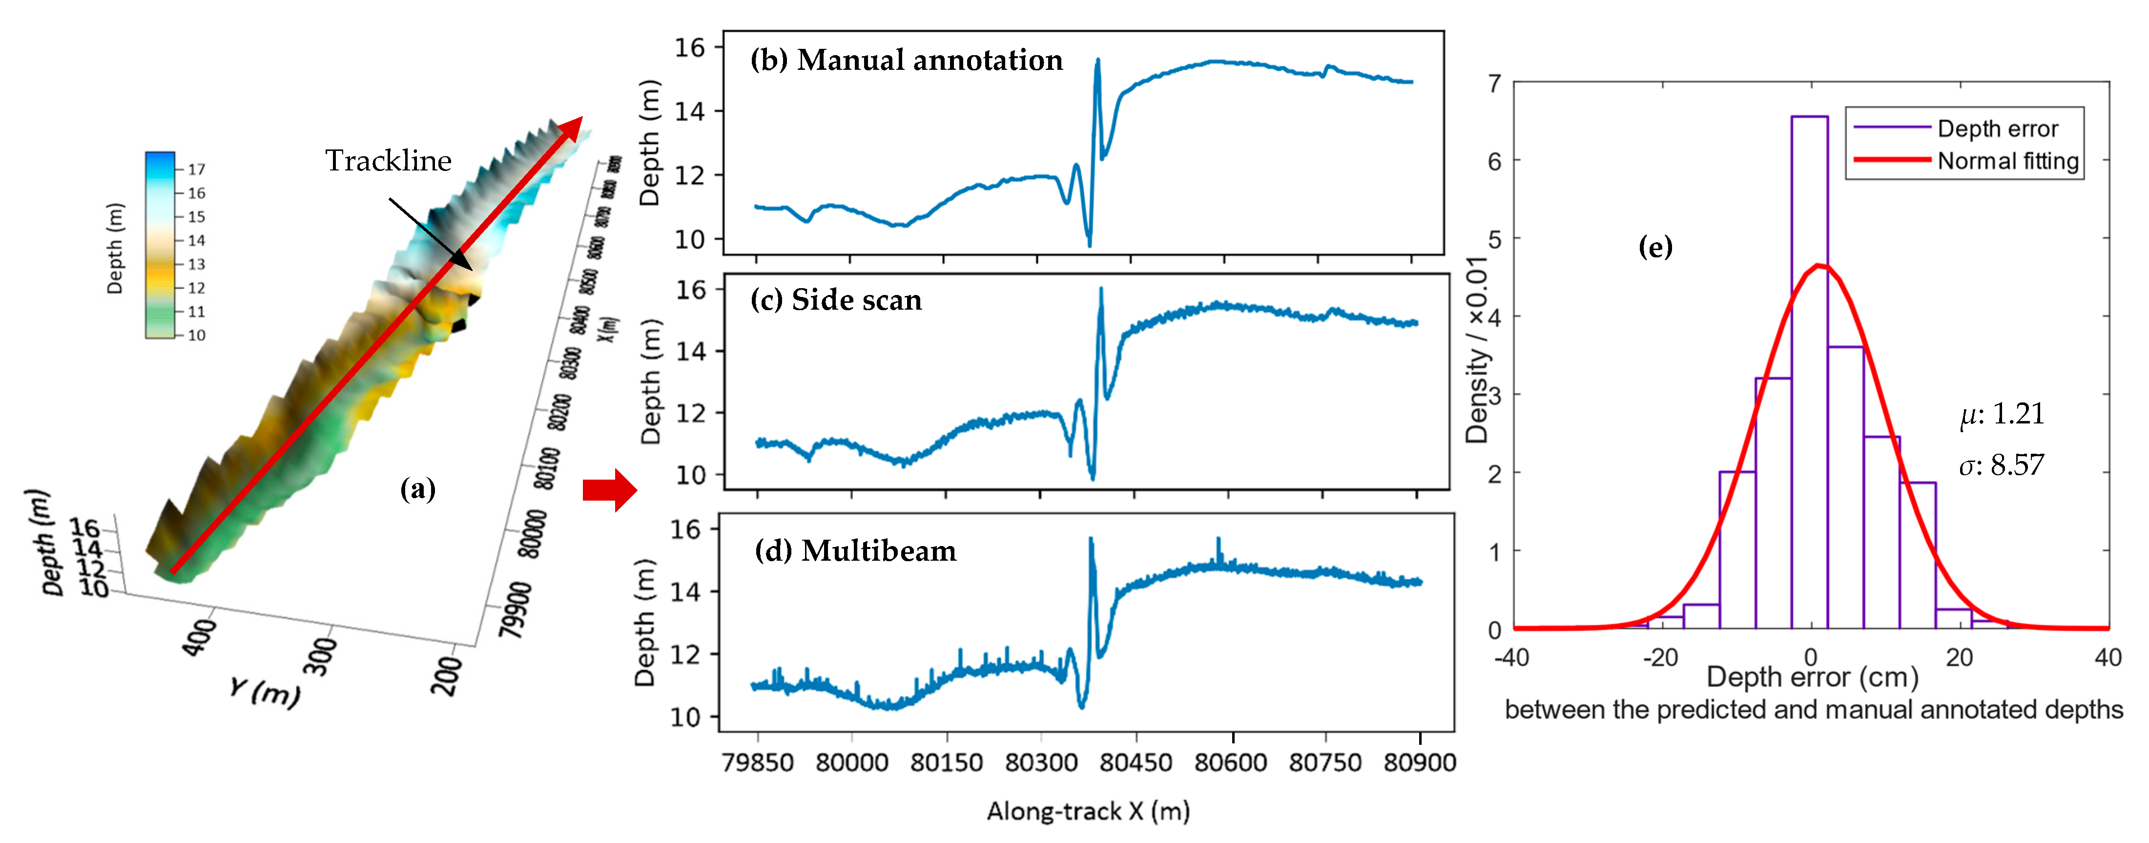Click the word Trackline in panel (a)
click(388, 160)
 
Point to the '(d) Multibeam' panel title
click(855, 551)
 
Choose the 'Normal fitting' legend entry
click(2007, 160)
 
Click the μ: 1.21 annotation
click(2002, 414)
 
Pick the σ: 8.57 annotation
click(2002, 465)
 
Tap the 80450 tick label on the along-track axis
click(1136, 762)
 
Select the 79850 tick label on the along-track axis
click(758, 762)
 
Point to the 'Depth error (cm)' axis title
click(1812, 677)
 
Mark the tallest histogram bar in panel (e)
click(1809, 371)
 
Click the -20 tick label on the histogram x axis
click(1660, 658)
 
